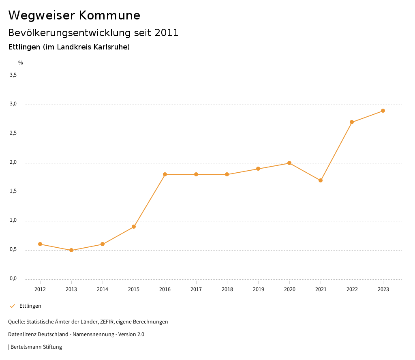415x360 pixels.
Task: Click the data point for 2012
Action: [x=40, y=244]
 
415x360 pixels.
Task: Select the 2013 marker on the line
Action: [x=71, y=250]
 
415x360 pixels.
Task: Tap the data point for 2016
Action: [x=165, y=174]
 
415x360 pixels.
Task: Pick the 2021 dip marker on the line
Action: [x=321, y=180]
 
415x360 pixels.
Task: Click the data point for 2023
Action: [x=383, y=111]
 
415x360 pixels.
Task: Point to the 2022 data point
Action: [x=352, y=122]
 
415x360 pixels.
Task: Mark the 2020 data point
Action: [x=289, y=163]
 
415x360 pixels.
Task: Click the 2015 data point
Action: [x=134, y=227]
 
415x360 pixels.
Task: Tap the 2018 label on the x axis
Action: [x=227, y=289]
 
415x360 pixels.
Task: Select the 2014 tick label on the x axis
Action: [x=103, y=289]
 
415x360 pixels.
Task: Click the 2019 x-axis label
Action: [x=259, y=289]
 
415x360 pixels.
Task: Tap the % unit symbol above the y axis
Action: [x=21, y=63]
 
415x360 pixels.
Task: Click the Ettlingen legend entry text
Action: [x=30, y=306]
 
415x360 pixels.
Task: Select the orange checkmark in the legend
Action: [x=12, y=306]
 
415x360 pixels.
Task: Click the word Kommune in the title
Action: [x=109, y=15]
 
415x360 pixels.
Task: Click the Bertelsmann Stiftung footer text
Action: [x=36, y=347]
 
